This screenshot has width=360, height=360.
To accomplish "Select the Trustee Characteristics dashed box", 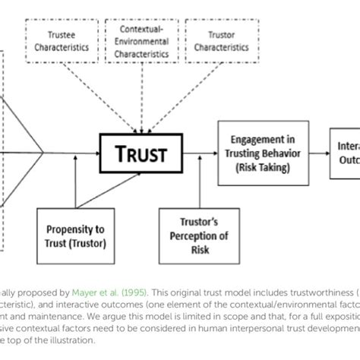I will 65,41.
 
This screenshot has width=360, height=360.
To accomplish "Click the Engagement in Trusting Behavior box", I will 263,152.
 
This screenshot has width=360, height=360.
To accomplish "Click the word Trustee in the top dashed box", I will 65,35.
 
